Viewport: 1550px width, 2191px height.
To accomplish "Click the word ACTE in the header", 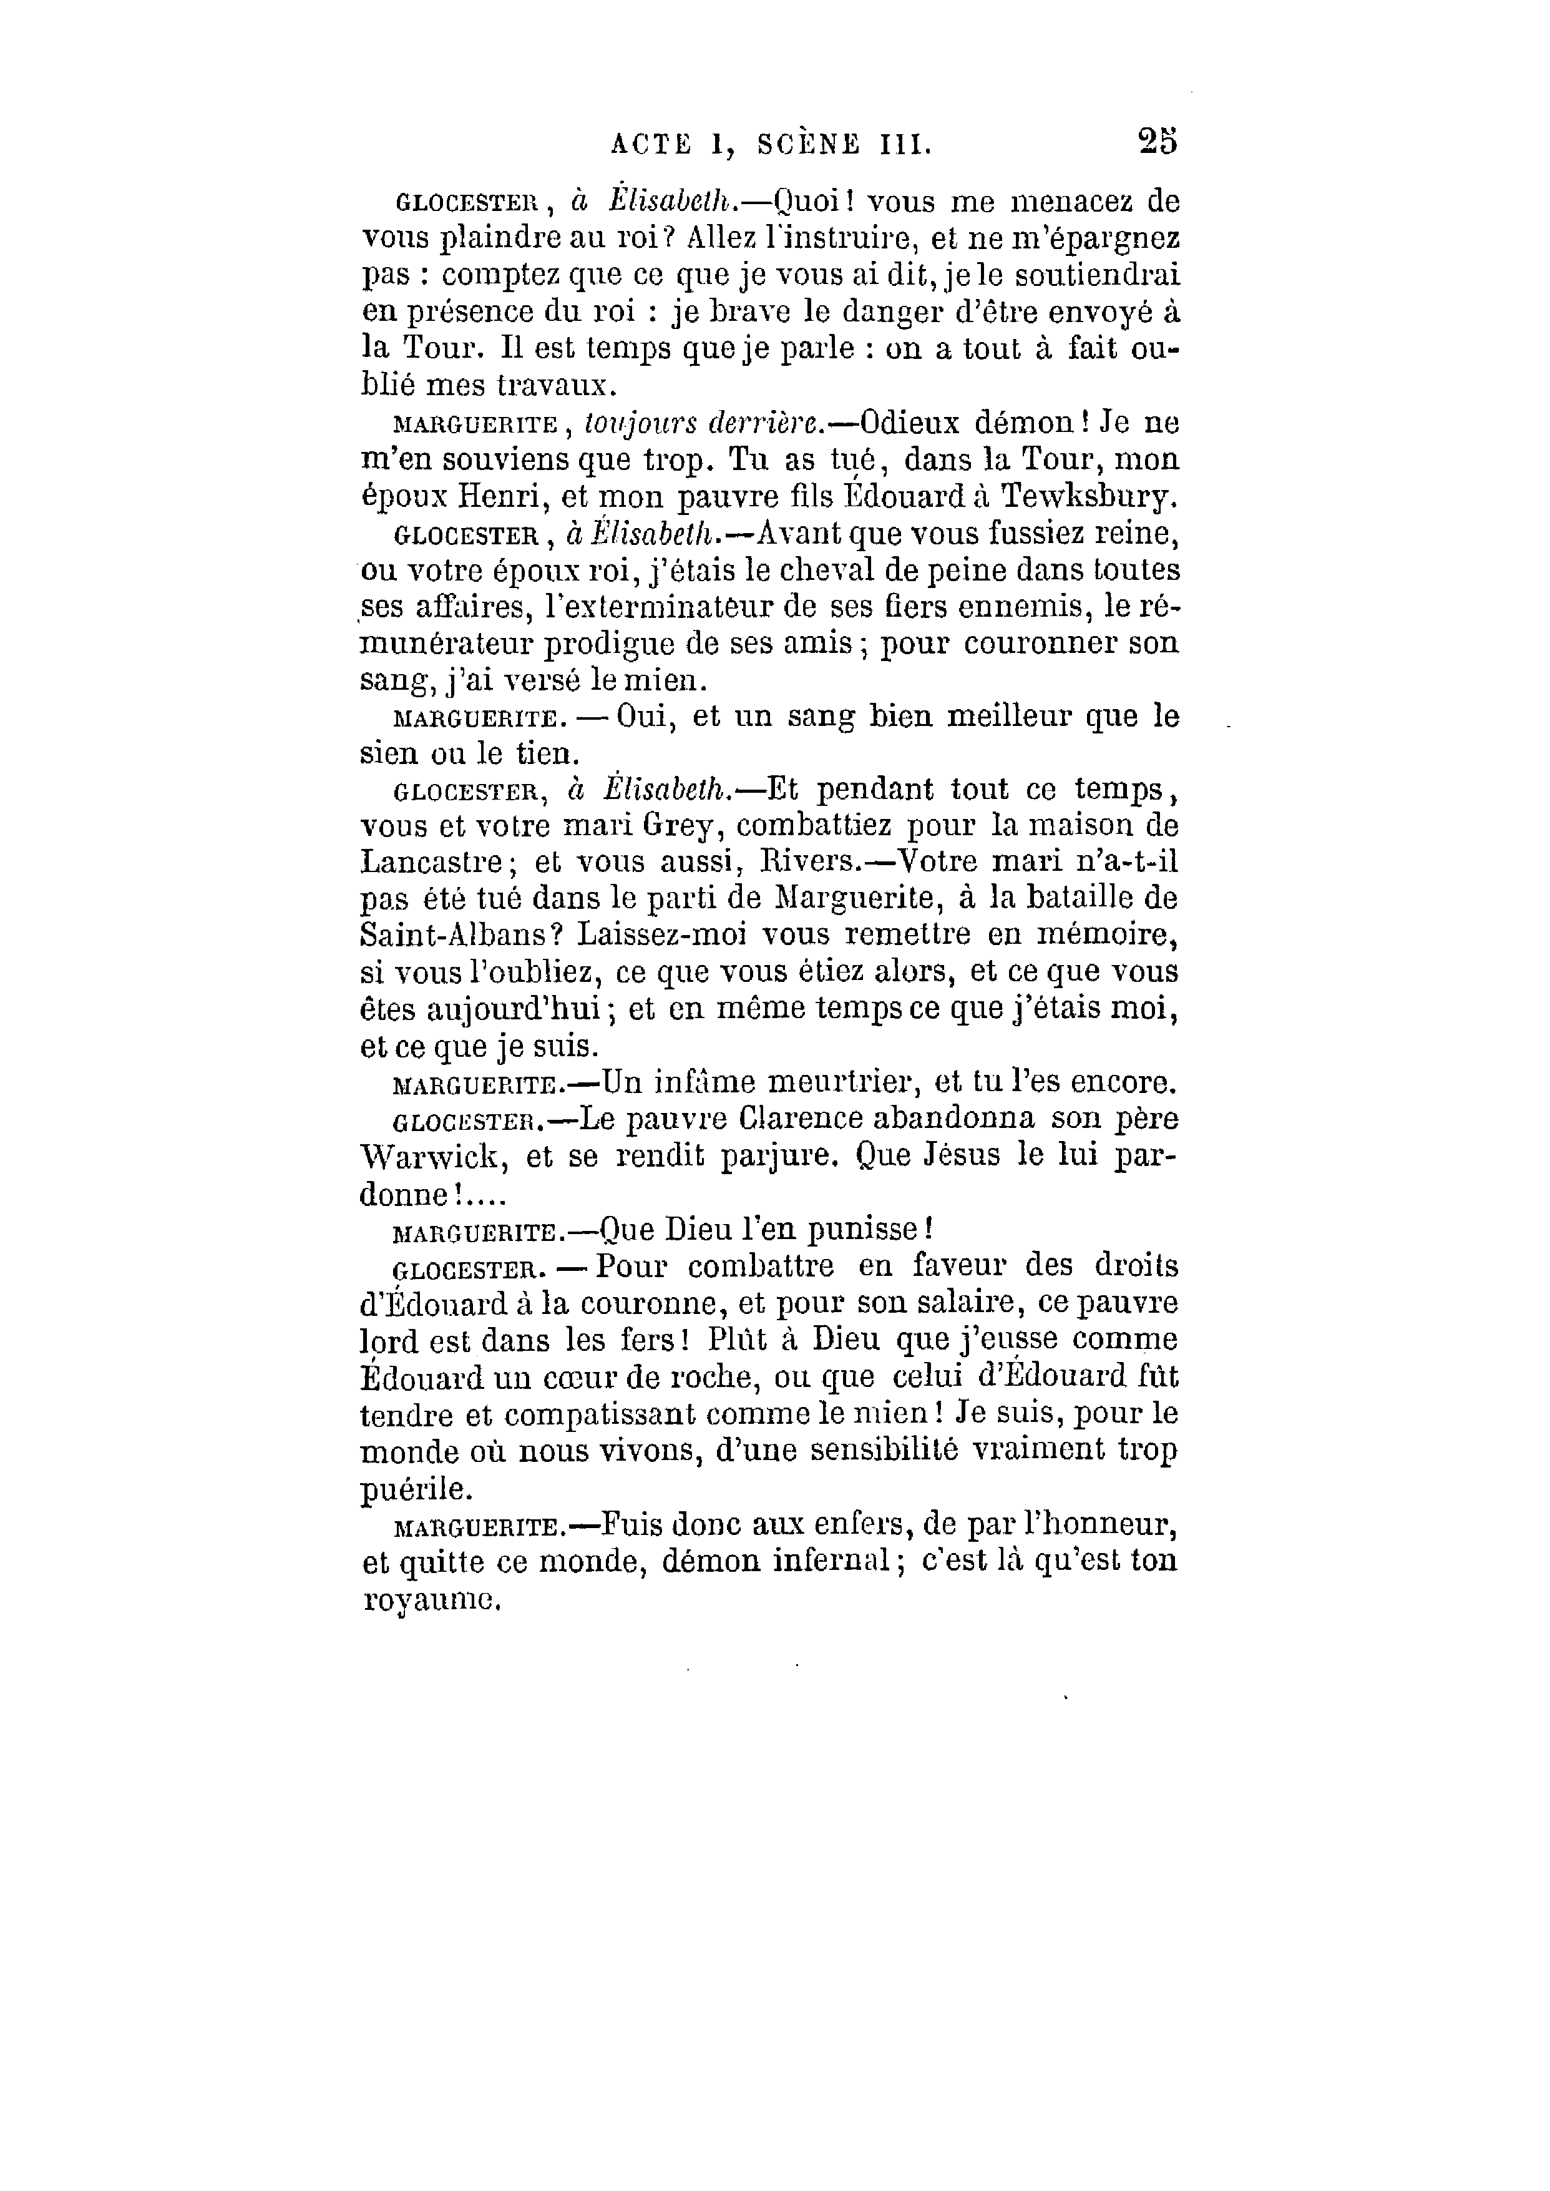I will (x=651, y=144).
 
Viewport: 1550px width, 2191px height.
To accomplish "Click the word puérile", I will (x=416, y=1488).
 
